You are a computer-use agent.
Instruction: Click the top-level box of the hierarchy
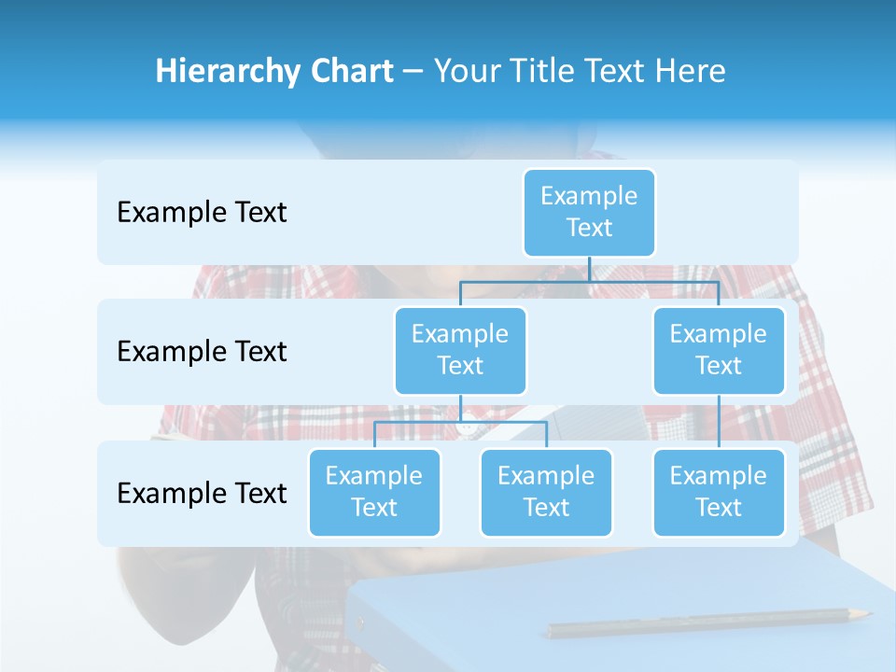(x=589, y=213)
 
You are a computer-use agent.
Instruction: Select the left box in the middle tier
(x=460, y=351)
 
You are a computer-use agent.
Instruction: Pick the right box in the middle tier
(x=719, y=351)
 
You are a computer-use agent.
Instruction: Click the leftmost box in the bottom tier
(x=374, y=493)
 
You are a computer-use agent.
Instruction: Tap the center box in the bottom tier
(x=546, y=493)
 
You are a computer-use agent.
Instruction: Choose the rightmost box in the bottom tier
(x=719, y=493)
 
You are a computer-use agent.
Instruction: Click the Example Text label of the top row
(x=202, y=213)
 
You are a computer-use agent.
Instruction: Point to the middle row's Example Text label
(x=202, y=352)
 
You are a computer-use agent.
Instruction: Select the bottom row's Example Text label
(x=202, y=494)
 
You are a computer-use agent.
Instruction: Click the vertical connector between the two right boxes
(x=719, y=422)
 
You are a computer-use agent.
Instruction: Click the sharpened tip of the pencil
(x=867, y=613)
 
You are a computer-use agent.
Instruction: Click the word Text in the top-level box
(x=589, y=228)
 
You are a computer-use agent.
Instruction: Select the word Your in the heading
(x=465, y=72)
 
